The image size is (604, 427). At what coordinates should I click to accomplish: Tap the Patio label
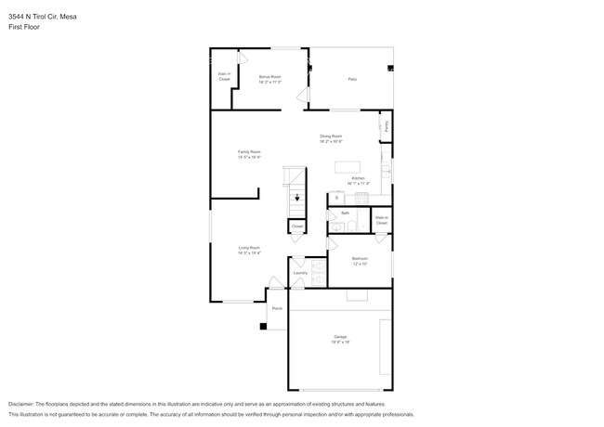tap(352, 80)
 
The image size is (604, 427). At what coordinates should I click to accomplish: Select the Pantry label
tap(387, 125)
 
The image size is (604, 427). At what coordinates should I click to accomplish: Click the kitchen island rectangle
tap(352, 166)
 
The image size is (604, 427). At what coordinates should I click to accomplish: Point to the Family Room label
tap(249, 154)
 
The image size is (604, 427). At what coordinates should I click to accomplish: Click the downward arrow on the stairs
tap(297, 198)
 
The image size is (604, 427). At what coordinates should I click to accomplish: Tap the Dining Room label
tap(332, 138)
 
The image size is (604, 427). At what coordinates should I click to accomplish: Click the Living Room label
tap(249, 250)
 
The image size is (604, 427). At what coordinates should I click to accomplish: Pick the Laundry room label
tap(300, 273)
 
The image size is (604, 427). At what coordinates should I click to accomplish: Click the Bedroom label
tap(360, 261)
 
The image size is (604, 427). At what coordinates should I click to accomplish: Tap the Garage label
tap(340, 338)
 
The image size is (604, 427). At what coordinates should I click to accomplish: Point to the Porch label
tap(277, 308)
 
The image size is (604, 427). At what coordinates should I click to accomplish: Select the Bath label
tap(345, 213)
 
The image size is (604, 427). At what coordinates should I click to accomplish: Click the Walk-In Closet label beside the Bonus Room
tap(224, 76)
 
